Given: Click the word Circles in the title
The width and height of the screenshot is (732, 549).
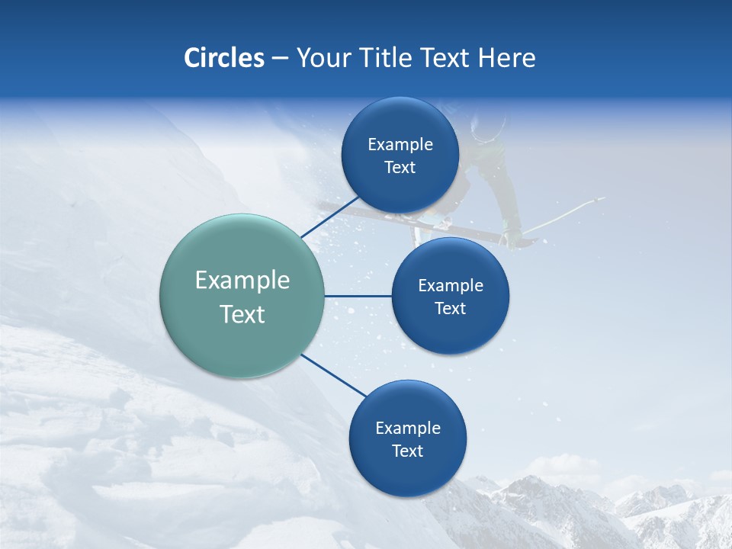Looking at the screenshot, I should tap(223, 58).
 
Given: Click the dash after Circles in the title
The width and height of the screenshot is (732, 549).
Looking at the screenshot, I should tap(280, 59).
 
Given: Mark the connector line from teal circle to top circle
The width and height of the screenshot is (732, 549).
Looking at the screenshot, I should tap(329, 217).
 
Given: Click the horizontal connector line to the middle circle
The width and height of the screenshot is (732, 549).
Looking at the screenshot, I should tap(358, 296).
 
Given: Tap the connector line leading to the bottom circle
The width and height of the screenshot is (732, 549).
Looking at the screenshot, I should tap(334, 376).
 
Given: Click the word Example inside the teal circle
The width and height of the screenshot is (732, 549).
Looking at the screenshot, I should tap(242, 281).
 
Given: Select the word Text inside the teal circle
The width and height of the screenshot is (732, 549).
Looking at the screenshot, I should tap(242, 314).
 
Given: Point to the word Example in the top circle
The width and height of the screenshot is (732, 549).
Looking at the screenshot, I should tap(400, 145).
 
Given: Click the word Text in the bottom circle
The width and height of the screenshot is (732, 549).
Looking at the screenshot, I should tap(407, 451).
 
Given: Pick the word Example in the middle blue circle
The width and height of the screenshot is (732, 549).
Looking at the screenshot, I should tap(450, 286).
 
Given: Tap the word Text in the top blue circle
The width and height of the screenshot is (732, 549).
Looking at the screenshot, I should tap(400, 168).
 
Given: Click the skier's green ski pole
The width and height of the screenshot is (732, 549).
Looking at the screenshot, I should tap(564, 213).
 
